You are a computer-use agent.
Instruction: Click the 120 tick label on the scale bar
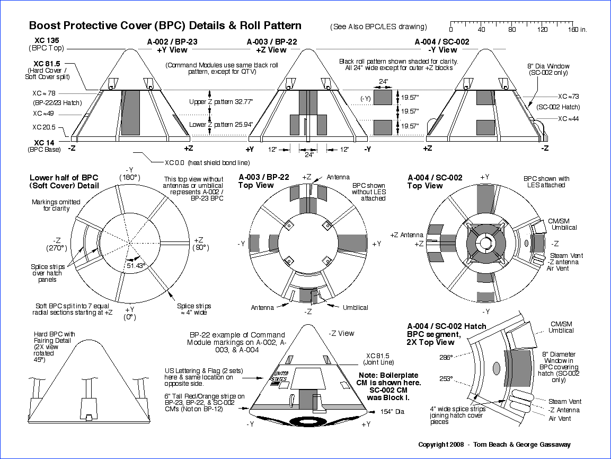tap(542, 30)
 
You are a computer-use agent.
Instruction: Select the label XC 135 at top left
tap(46, 39)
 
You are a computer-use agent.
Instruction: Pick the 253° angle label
tap(446, 379)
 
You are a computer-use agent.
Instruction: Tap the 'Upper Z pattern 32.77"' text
tap(220, 102)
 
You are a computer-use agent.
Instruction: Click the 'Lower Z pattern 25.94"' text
tap(220, 124)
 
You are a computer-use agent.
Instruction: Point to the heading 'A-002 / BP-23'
tap(173, 41)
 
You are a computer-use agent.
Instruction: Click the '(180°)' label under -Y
tap(129, 177)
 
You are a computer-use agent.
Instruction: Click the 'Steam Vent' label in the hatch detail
tap(565, 402)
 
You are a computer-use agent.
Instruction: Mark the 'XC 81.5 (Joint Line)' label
tap(378, 359)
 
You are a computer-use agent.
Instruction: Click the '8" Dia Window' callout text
tap(548, 66)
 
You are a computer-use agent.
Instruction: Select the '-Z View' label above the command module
tap(341, 333)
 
